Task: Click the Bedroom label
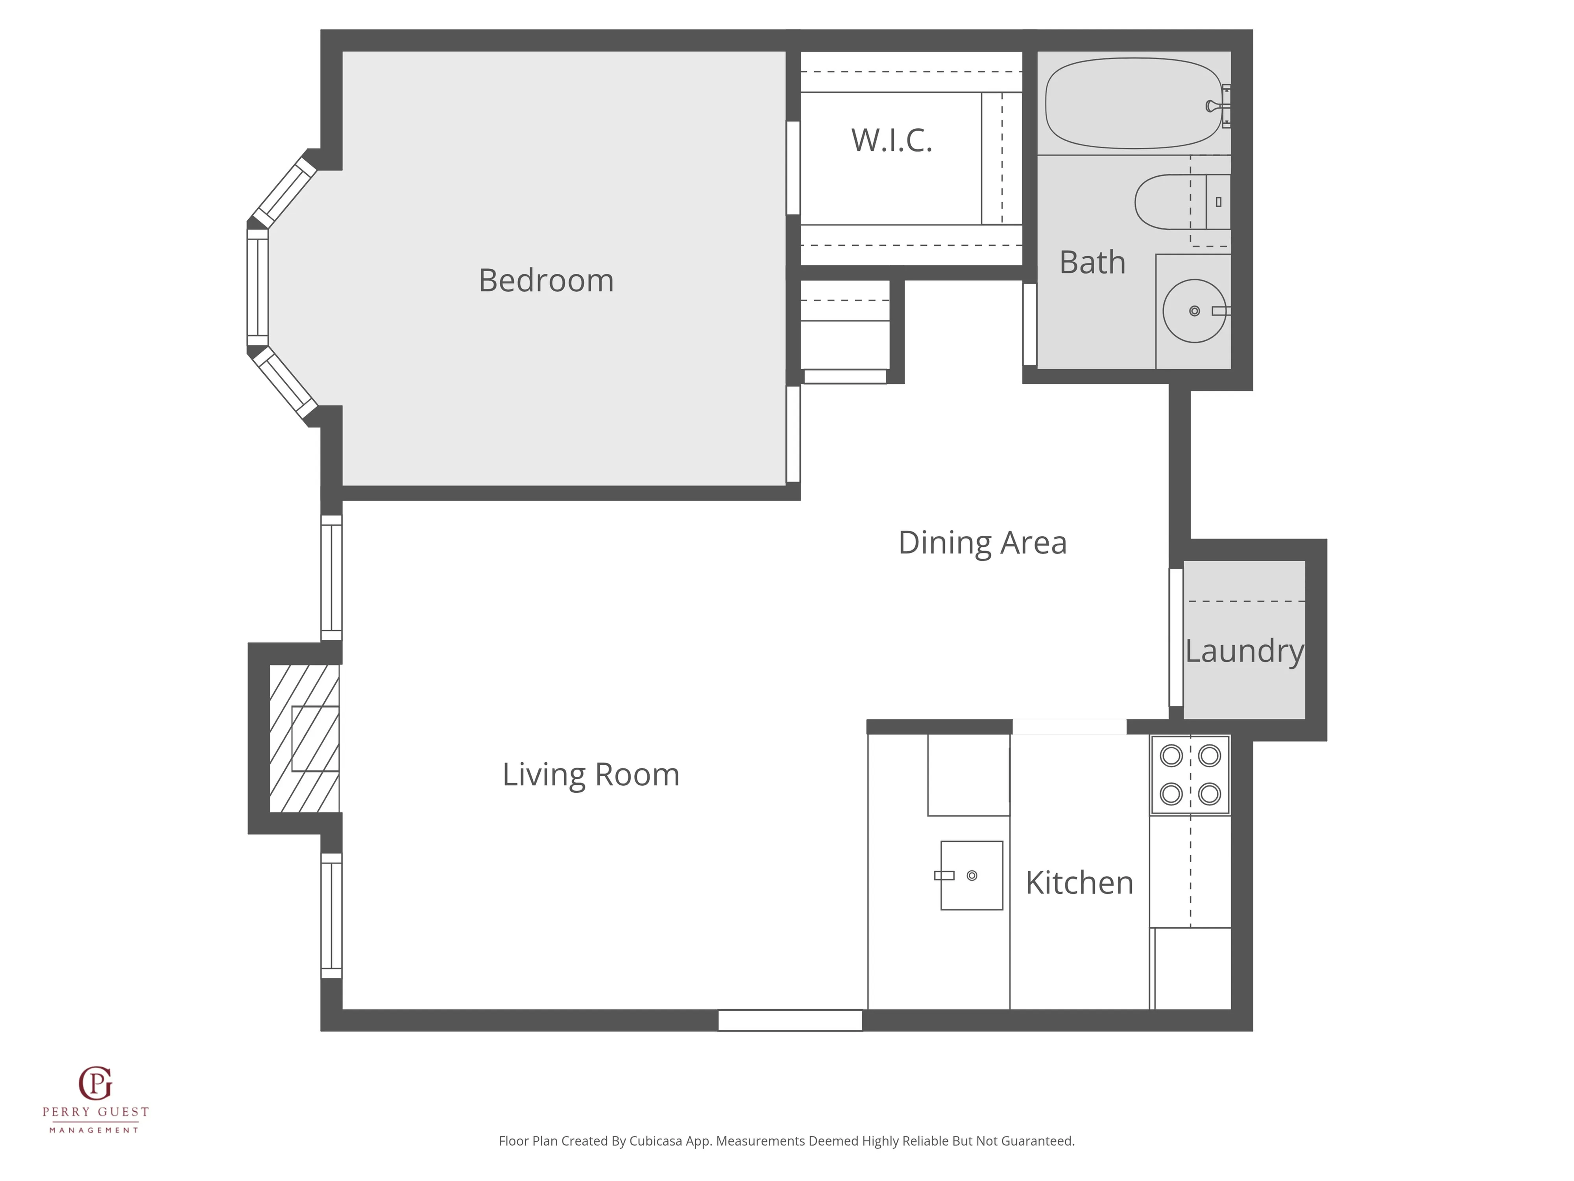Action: coord(546,280)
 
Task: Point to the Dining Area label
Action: coord(982,542)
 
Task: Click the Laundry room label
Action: coord(1244,651)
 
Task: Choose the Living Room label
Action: coord(591,774)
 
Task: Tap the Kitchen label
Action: coord(1079,883)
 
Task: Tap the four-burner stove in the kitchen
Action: coord(1190,774)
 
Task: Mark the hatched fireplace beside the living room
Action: coord(304,738)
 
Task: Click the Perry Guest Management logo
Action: coord(95,1100)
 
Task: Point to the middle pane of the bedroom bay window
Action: coord(258,288)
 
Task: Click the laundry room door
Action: coord(1176,637)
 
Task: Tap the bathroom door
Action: coord(1030,324)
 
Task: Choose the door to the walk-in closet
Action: coord(793,167)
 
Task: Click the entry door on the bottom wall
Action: coord(790,1020)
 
